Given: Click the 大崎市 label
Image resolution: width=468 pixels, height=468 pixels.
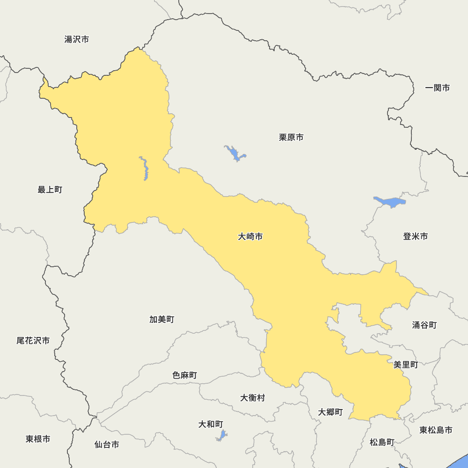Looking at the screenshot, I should click(x=250, y=237).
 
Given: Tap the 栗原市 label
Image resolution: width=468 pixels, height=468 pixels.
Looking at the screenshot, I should click(x=291, y=137).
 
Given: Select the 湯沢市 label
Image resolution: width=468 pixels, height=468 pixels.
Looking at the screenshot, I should click(x=77, y=39).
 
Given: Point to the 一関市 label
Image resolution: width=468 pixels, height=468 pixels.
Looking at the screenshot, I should click(x=438, y=88).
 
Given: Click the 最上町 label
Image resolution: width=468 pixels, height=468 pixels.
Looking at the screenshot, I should click(x=50, y=190).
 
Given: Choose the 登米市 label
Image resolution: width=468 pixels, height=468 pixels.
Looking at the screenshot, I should click(x=415, y=236).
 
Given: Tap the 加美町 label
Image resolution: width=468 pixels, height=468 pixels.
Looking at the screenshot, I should click(x=162, y=319).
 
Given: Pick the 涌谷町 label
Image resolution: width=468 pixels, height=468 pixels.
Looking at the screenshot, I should click(x=424, y=325).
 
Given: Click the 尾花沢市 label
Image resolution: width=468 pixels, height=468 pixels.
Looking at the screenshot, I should click(x=33, y=341).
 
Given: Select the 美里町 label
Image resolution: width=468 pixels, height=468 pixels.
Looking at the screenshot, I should click(x=406, y=365).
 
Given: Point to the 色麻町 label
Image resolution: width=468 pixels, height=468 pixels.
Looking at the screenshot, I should click(x=184, y=375).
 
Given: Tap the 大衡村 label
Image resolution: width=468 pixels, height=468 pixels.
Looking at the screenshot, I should click(x=253, y=398).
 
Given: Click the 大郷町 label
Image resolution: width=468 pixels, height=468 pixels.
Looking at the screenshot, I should click(x=330, y=412).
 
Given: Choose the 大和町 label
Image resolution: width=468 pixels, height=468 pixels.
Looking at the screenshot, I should click(x=211, y=424).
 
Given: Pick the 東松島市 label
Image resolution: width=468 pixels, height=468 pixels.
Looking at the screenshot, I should click(x=436, y=430).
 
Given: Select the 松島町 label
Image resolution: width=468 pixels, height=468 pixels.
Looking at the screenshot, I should click(x=382, y=442).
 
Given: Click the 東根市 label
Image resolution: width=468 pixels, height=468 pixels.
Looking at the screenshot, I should click(x=38, y=439).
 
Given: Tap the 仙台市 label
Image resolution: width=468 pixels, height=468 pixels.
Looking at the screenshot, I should click(x=107, y=445).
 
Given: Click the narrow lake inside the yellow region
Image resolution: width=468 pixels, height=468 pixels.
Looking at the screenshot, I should click(x=145, y=168).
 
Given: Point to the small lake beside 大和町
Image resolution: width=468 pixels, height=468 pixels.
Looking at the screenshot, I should click(x=221, y=436).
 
